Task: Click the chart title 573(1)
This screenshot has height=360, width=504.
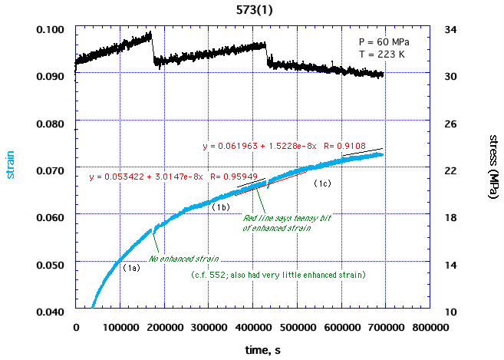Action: [x=252, y=8]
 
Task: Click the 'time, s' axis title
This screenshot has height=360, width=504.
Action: [x=252, y=350]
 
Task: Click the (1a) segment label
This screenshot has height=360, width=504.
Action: [x=131, y=268]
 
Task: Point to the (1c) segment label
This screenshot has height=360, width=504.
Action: [x=321, y=183]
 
